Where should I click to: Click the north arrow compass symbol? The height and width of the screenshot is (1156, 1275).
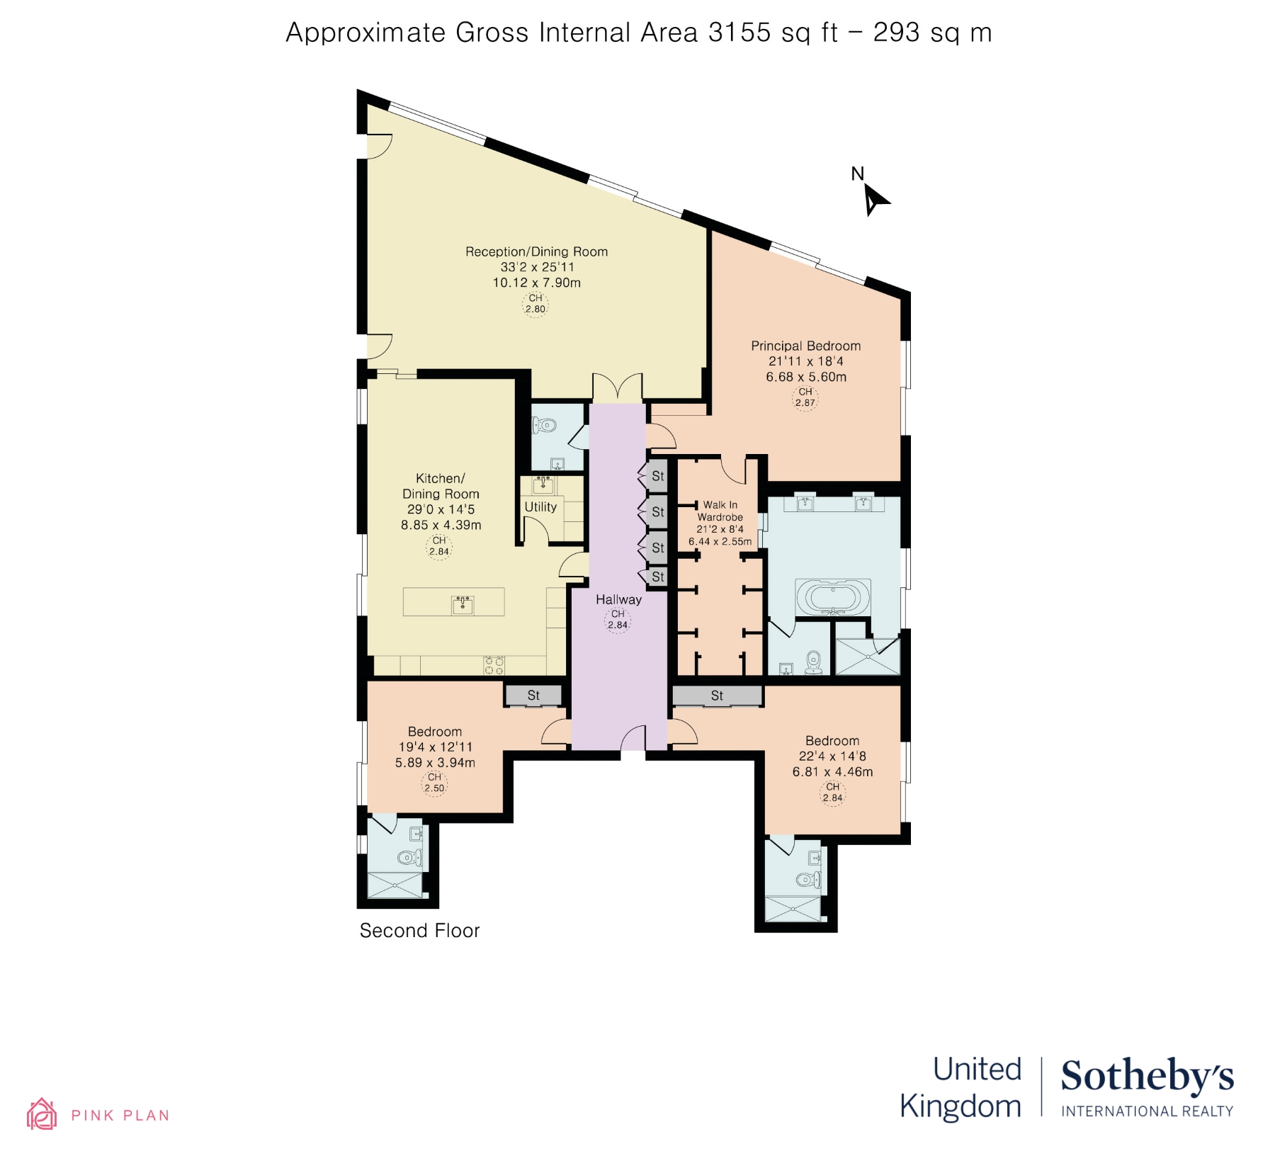click(x=874, y=199)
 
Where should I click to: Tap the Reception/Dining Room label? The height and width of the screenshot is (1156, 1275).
click(x=536, y=251)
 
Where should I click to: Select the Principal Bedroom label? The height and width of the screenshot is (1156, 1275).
click(x=805, y=346)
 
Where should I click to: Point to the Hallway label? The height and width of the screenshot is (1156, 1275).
click(x=618, y=599)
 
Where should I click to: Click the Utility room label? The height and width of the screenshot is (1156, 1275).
click(x=540, y=507)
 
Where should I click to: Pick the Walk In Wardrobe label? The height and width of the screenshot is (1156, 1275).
click(x=720, y=511)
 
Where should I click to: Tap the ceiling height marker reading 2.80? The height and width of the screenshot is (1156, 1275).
click(x=535, y=304)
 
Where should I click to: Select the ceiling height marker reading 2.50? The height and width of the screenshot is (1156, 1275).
click(x=434, y=783)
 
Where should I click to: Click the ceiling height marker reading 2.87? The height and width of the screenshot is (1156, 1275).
click(x=805, y=397)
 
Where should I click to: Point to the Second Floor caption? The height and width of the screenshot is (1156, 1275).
click(x=419, y=931)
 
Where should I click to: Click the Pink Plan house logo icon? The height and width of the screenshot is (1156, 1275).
click(x=42, y=1114)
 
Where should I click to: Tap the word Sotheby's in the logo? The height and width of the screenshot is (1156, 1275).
click(x=1147, y=1076)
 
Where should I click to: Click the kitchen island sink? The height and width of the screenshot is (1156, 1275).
click(x=463, y=603)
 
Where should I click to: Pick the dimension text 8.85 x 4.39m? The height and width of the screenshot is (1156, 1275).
click(x=441, y=525)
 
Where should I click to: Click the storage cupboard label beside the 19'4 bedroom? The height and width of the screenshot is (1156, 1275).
click(x=533, y=696)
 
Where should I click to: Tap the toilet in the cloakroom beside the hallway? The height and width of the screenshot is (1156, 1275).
click(x=545, y=426)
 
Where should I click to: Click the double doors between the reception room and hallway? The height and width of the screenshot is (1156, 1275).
click(x=618, y=388)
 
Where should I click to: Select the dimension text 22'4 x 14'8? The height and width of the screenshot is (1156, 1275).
click(x=832, y=756)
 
